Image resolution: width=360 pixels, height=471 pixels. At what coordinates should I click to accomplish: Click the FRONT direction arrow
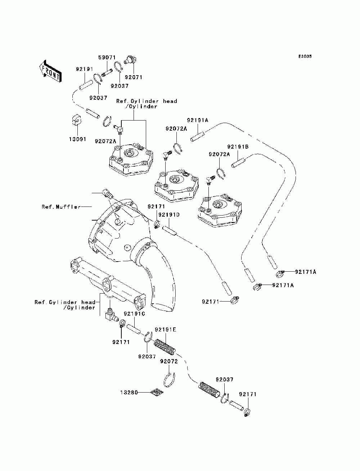point(50,71)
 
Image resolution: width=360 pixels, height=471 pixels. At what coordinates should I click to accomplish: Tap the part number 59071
point(107,58)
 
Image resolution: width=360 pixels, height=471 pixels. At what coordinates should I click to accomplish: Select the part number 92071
point(134,77)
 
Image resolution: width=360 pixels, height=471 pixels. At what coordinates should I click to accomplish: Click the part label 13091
point(77,139)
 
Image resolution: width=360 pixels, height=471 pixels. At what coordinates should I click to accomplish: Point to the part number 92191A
point(197,120)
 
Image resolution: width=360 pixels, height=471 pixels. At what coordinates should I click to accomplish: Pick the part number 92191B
point(238,147)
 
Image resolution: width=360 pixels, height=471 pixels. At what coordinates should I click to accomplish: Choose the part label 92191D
point(169,214)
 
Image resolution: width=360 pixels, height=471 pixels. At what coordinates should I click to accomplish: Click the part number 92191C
point(134,314)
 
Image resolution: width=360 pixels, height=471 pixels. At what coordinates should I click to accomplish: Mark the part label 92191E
point(166,329)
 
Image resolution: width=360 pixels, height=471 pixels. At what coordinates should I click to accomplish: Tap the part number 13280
point(129,393)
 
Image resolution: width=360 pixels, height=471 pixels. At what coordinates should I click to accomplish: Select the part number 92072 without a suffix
point(169,361)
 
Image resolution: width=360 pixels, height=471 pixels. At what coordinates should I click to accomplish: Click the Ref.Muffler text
point(61,207)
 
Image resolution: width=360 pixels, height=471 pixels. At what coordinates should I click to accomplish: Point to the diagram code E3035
point(305,56)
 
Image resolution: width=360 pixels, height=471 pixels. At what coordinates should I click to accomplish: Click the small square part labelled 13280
point(157,392)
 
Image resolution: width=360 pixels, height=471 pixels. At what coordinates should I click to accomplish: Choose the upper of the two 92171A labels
point(306,272)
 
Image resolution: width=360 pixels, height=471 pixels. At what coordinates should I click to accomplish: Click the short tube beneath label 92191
point(86,85)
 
